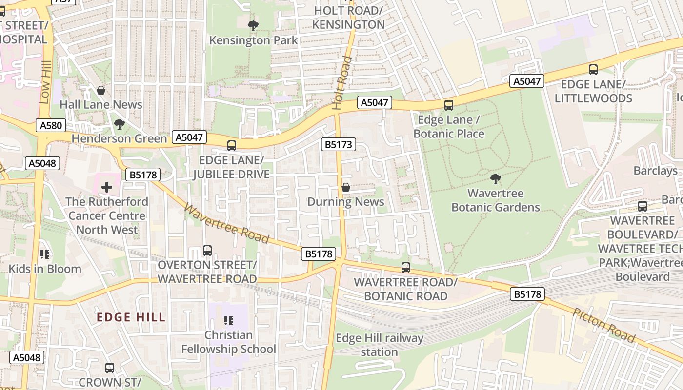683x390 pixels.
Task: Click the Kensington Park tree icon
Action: (253, 25)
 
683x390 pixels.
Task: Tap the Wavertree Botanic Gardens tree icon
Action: (496, 179)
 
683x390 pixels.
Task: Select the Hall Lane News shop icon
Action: (101, 90)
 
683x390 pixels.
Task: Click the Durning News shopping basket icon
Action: (346, 187)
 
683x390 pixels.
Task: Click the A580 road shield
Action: (51, 126)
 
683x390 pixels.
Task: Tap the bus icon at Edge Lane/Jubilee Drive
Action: (232, 145)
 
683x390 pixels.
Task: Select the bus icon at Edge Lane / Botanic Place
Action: (448, 105)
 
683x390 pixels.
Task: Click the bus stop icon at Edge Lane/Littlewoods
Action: (593, 70)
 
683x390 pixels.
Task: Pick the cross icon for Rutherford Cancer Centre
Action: (107, 187)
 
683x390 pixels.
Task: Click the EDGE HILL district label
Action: (131, 317)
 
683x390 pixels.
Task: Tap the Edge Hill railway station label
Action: (380, 345)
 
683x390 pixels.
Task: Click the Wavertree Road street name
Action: (226, 223)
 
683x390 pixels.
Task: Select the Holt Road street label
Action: (342, 83)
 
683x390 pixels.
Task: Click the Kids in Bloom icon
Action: (45, 254)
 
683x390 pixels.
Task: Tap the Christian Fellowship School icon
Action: (228, 320)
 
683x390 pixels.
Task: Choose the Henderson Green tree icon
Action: (119, 124)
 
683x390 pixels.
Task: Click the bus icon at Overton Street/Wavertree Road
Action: (207, 251)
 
